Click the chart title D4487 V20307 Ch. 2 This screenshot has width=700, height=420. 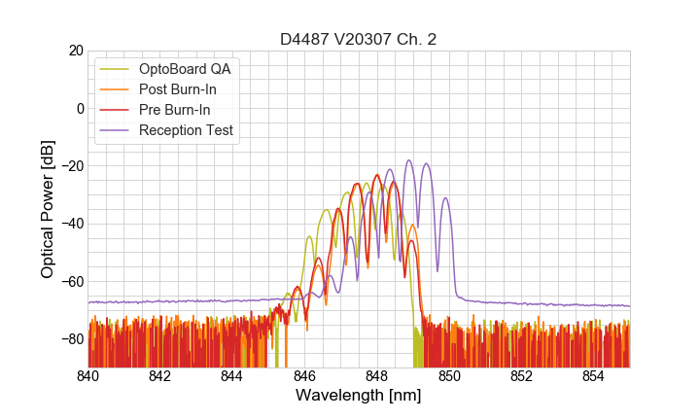tap(359, 39)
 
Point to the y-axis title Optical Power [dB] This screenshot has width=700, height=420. tap(48, 209)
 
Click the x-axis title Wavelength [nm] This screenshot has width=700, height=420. tap(359, 396)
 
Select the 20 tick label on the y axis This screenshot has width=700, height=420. tap(75, 51)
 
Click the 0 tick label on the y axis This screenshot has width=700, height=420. tap(80, 108)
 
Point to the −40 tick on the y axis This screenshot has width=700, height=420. tap(71, 224)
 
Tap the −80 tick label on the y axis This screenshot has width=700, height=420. tap(71, 339)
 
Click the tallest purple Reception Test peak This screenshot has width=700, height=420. tap(409, 161)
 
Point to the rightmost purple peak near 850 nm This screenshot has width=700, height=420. tap(445, 199)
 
